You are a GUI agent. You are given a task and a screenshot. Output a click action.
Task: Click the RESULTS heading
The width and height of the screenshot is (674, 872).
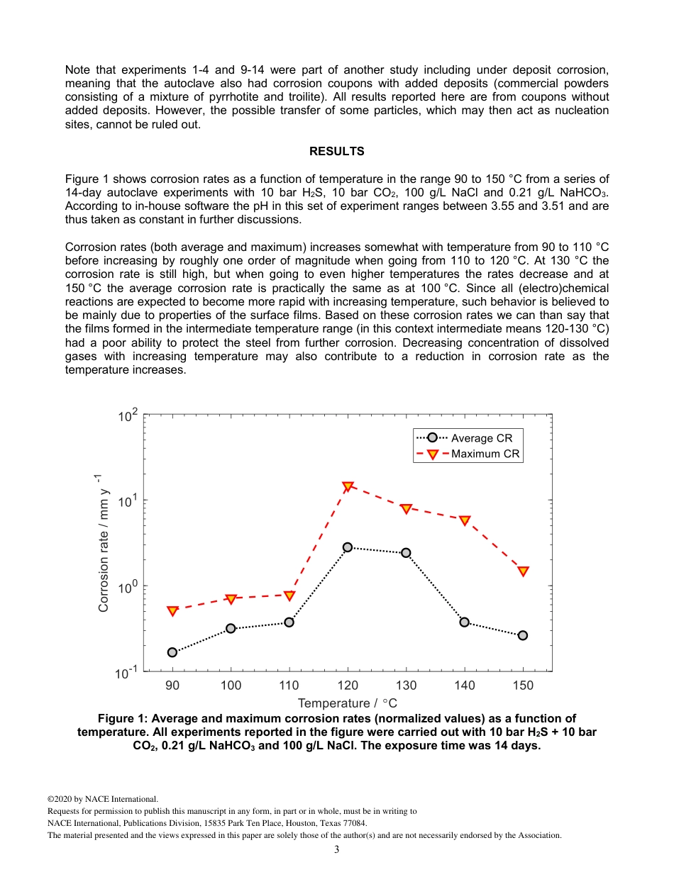click(x=337, y=151)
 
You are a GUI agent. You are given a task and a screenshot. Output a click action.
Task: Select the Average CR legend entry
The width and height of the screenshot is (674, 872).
click(x=468, y=438)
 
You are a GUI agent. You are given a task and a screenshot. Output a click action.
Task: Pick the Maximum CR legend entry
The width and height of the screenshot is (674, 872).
click(x=468, y=454)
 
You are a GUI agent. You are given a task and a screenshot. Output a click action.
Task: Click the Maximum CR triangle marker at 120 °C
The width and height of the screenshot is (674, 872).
click(x=348, y=487)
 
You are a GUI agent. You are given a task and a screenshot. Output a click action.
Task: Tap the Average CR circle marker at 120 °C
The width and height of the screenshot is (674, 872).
click(x=348, y=547)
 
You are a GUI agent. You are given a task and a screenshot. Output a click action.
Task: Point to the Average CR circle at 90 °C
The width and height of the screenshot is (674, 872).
click(x=172, y=652)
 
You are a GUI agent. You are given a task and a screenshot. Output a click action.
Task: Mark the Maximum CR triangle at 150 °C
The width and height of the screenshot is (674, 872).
click(x=523, y=571)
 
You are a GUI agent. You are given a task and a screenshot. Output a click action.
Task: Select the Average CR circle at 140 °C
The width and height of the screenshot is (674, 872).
click(x=465, y=622)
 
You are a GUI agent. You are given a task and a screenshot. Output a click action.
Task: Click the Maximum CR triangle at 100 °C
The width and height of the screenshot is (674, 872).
click(x=231, y=599)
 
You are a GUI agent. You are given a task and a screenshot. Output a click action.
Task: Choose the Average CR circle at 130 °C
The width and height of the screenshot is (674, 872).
click(x=406, y=552)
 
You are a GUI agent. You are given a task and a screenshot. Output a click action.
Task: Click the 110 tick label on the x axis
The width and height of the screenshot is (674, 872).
click(x=289, y=686)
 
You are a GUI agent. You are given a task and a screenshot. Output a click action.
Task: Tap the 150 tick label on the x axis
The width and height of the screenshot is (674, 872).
click(x=523, y=686)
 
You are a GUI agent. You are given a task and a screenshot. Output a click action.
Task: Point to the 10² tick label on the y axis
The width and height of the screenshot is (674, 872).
click(x=128, y=416)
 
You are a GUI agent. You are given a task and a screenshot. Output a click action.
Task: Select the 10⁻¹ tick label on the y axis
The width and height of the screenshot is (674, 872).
click(x=128, y=672)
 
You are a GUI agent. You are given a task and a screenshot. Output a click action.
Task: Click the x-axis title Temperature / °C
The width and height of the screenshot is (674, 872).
click(x=348, y=703)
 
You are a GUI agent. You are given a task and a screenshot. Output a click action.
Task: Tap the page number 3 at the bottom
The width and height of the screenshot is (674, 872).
click(x=337, y=849)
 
